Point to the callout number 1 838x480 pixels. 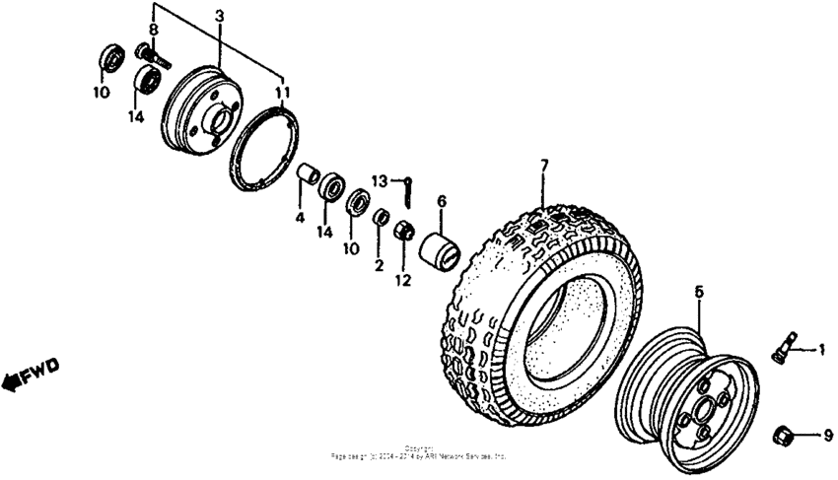(820, 349)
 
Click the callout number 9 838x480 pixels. (827, 434)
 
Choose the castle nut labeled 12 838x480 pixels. (403, 232)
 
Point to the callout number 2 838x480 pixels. (378, 265)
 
